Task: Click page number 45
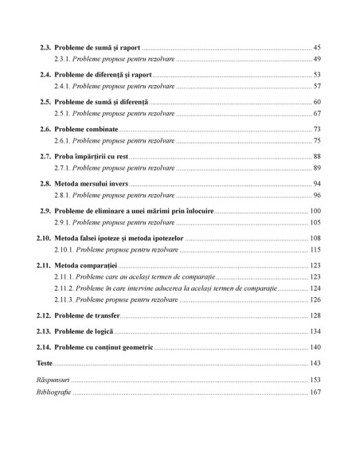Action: click(x=317, y=49)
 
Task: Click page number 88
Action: click(x=317, y=156)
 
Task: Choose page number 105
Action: click(x=315, y=222)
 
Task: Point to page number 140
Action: click(x=315, y=346)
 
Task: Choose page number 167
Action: click(x=315, y=392)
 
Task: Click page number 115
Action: click(x=315, y=249)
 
